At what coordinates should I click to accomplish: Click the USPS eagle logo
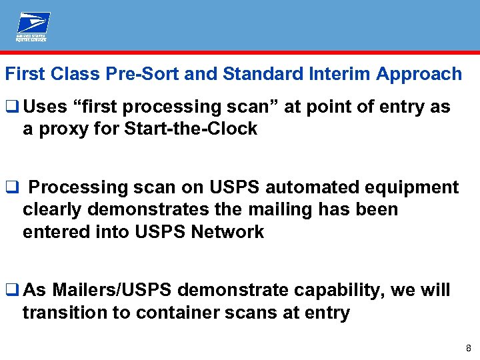[33, 27]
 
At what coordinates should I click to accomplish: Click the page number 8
[469, 348]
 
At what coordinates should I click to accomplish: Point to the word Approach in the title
[419, 74]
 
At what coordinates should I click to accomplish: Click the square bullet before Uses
[10, 107]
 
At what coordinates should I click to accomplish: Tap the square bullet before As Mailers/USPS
[10, 291]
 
